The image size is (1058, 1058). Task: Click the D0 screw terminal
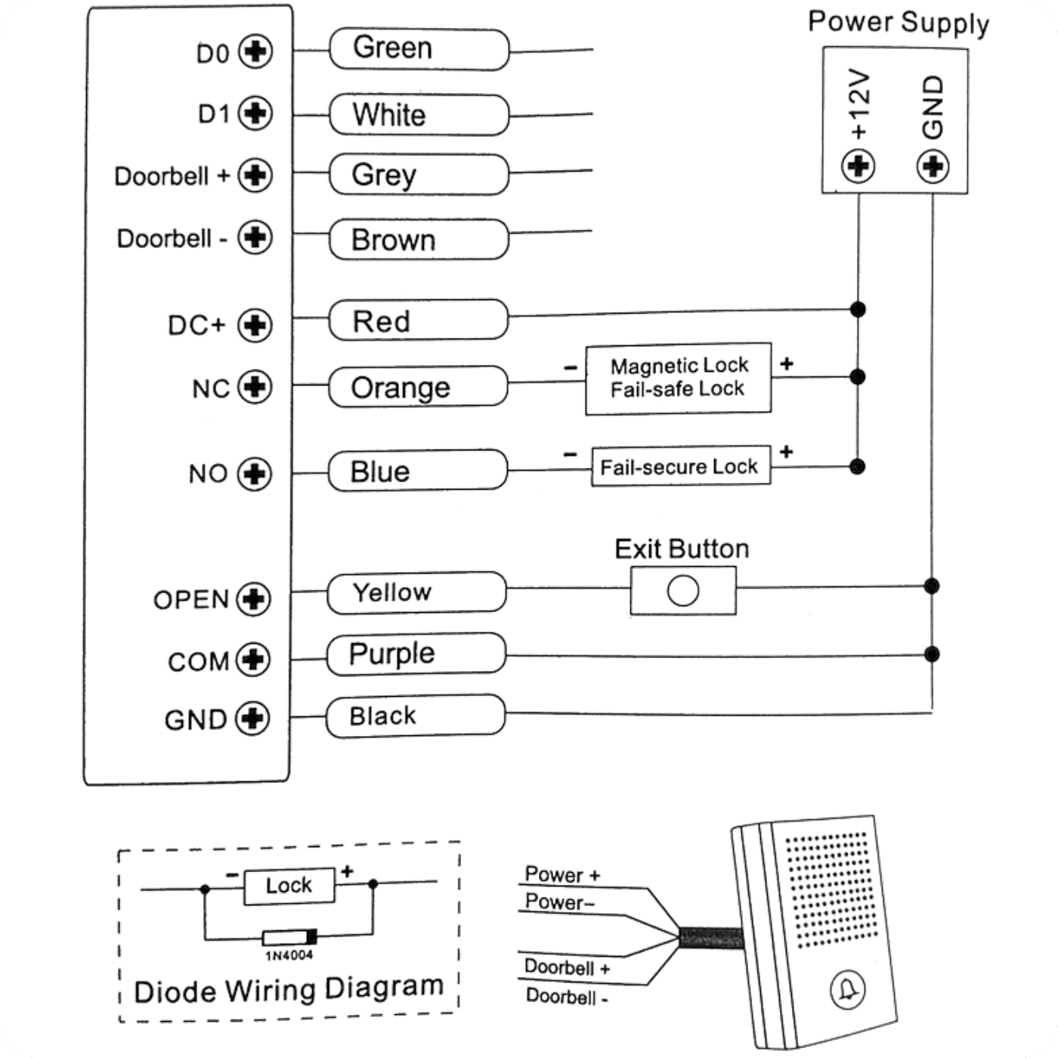tap(255, 51)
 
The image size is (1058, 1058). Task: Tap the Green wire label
tap(419, 49)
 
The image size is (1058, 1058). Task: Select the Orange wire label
tap(419, 386)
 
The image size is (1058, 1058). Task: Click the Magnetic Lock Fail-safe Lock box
tap(679, 379)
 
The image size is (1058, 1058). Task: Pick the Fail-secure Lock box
tap(681, 466)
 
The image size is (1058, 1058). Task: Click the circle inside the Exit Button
tap(683, 591)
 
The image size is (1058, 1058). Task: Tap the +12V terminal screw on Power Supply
tap(858, 166)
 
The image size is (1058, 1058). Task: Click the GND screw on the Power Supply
tap(933, 166)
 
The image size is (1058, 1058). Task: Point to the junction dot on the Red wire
tap(858, 309)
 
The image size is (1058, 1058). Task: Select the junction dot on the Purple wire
tap(932, 654)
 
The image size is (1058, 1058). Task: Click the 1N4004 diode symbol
tap(289, 937)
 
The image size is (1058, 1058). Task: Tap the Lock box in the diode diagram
tap(289, 886)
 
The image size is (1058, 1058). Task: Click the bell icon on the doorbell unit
tap(848, 990)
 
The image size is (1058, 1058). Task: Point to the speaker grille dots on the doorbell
tap(831, 889)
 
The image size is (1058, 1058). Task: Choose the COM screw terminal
tap(253, 660)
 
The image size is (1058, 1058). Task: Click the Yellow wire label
tap(416, 592)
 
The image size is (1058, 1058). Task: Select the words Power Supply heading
tap(899, 23)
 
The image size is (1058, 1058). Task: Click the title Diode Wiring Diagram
tap(289, 988)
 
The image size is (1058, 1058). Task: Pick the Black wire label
tap(416, 716)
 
